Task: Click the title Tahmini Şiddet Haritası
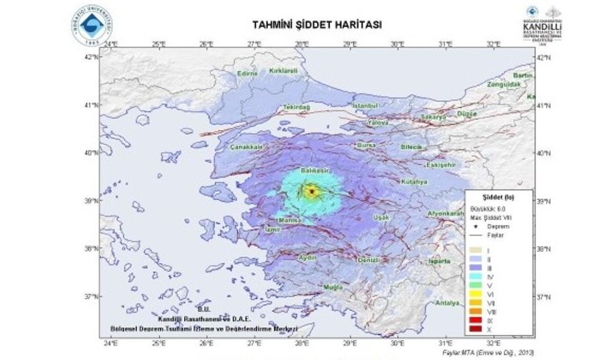pos(317,24)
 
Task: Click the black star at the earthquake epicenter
pos(311,191)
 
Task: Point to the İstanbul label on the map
pos(368,106)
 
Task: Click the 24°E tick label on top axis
pos(111,44)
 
